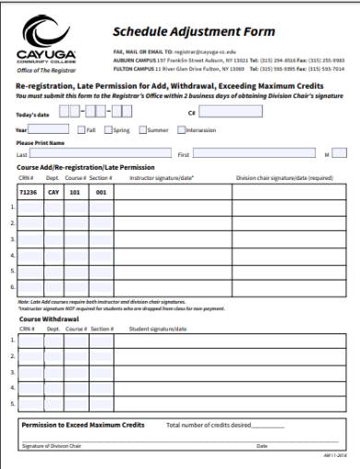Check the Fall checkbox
click(x=81, y=130)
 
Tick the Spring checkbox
click(x=108, y=130)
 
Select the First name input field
click(x=249, y=153)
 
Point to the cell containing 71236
click(x=28, y=193)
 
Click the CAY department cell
click(x=54, y=193)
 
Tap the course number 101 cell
click(x=76, y=193)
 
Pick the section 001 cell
click(x=101, y=193)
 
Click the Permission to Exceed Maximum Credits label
click(x=83, y=425)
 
